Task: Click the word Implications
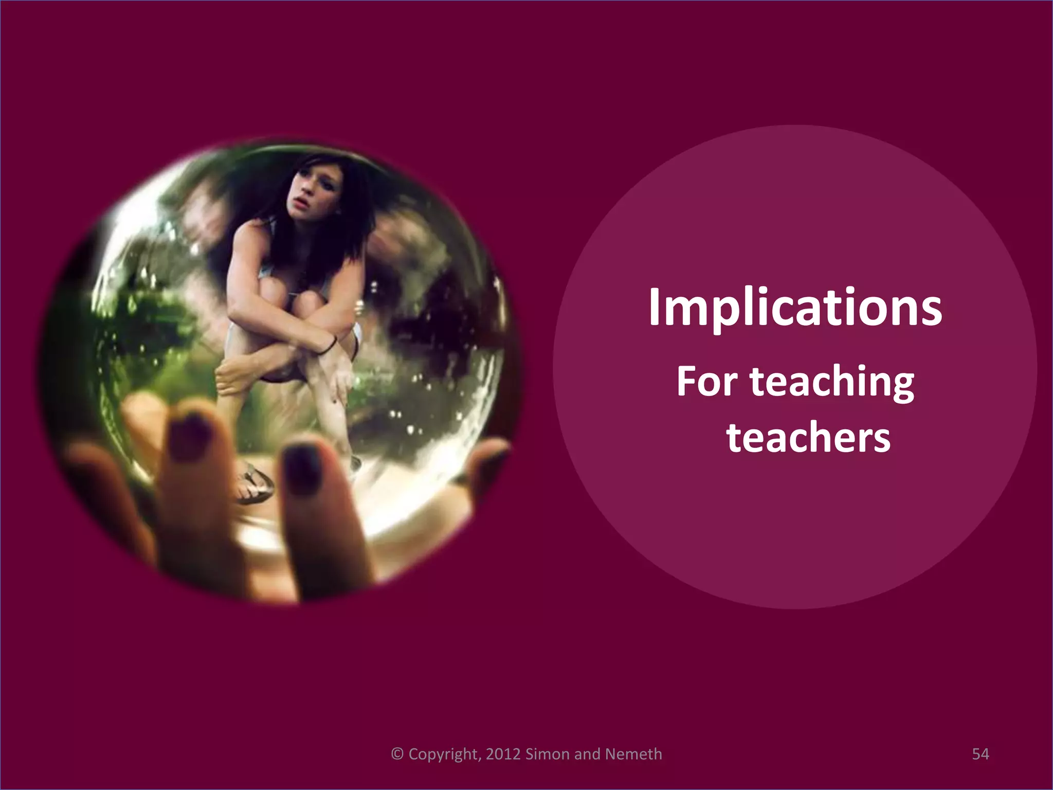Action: [x=795, y=308]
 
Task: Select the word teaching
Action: [x=832, y=384]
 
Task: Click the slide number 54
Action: [x=980, y=754]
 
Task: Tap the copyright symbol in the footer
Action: [x=397, y=754]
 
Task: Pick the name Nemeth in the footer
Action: [x=633, y=754]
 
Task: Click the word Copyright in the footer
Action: [x=445, y=755]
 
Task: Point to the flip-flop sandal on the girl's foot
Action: [x=253, y=483]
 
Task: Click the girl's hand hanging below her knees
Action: [x=337, y=381]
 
